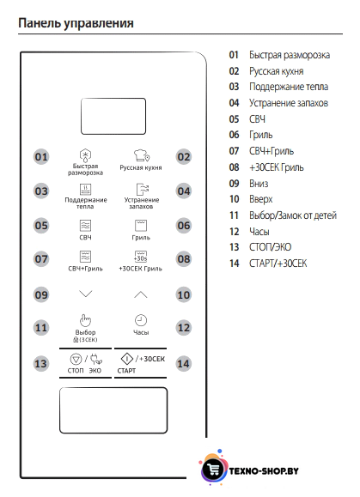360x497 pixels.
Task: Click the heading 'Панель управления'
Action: point(76,23)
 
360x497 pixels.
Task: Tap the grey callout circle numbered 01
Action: point(41,157)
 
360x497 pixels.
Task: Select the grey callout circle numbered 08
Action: point(184,259)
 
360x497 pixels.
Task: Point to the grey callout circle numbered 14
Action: point(184,364)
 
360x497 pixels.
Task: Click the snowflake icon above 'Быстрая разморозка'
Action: point(85,155)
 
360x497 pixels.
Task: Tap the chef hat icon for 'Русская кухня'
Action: point(141,155)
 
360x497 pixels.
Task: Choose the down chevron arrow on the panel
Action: point(86,294)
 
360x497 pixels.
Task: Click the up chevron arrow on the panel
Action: point(141,294)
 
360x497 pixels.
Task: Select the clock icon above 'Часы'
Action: point(141,320)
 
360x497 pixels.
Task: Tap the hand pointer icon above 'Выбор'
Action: point(85,320)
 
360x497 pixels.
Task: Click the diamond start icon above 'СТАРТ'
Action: point(127,359)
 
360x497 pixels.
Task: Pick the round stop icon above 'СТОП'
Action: point(76,360)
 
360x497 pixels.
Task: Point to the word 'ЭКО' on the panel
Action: point(95,371)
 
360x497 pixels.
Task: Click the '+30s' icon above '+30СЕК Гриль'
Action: point(141,257)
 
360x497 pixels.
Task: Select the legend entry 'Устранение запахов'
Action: point(289,103)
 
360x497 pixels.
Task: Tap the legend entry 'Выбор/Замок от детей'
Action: point(293,215)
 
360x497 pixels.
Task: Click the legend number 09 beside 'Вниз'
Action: point(234,184)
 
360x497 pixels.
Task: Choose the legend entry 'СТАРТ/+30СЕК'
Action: point(278,264)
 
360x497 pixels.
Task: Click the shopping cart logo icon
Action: point(213,469)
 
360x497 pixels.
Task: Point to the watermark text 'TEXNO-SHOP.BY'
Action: point(264,471)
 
